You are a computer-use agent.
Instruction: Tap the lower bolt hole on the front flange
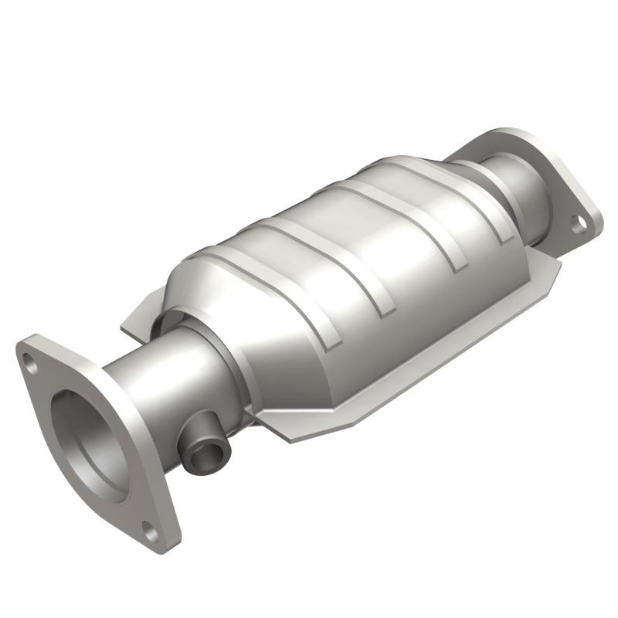coord(151,532)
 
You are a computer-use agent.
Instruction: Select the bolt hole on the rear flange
coord(578,224)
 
